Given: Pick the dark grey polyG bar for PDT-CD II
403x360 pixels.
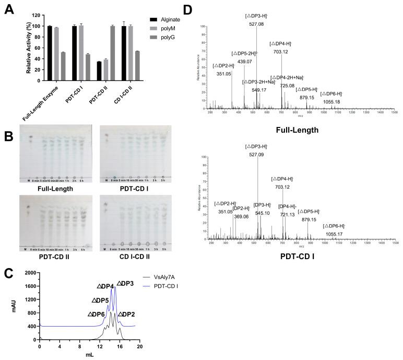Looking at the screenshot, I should click(112, 53).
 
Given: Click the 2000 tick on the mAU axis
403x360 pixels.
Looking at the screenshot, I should click(29, 273).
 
